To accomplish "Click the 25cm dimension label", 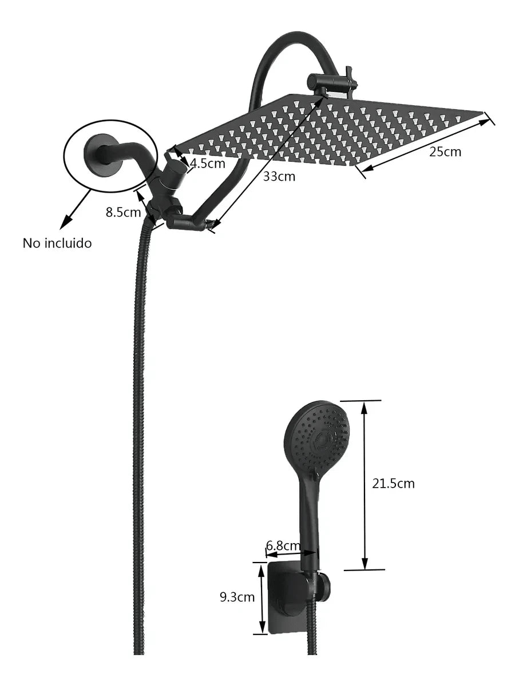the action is point(445,152).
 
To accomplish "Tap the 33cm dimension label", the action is point(279,177).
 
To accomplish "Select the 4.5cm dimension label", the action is point(208,163).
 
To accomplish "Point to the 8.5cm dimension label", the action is point(123,212).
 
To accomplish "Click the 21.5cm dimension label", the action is point(393,484).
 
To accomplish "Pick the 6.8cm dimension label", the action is point(283,546).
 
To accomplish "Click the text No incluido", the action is point(57,243).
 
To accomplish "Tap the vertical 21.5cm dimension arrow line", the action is point(364,485).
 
